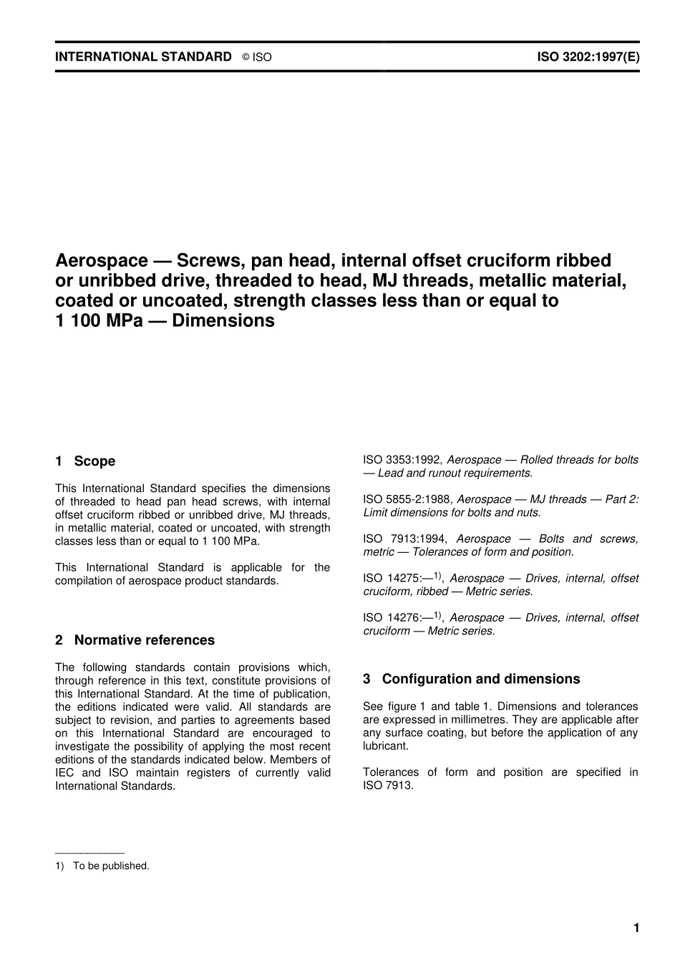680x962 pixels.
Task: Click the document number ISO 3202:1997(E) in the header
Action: click(588, 57)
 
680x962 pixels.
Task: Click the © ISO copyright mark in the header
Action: click(257, 57)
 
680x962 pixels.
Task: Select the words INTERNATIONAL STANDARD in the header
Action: click(143, 57)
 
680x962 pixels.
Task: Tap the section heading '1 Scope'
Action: click(85, 461)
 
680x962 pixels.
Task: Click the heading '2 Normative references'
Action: click(135, 640)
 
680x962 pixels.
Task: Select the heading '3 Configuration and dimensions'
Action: click(472, 679)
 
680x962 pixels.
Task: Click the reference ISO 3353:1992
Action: click(402, 460)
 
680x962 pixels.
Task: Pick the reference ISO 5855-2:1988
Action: click(407, 499)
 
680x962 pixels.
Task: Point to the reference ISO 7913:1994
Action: click(404, 539)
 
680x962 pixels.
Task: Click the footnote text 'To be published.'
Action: click(111, 865)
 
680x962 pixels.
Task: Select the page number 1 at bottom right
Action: click(636, 928)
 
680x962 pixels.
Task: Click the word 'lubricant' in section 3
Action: click(385, 746)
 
